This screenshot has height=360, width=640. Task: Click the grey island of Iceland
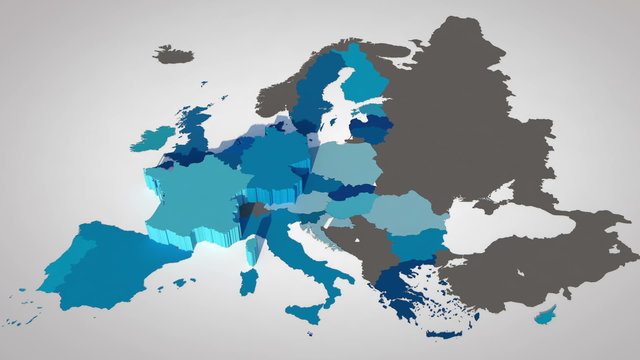174,54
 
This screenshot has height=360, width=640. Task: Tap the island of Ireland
152,138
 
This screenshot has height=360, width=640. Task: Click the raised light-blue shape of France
195,195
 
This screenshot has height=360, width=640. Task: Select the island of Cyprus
545,316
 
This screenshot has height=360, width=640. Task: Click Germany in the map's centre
275,160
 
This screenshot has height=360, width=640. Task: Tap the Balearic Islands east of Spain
180,283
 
